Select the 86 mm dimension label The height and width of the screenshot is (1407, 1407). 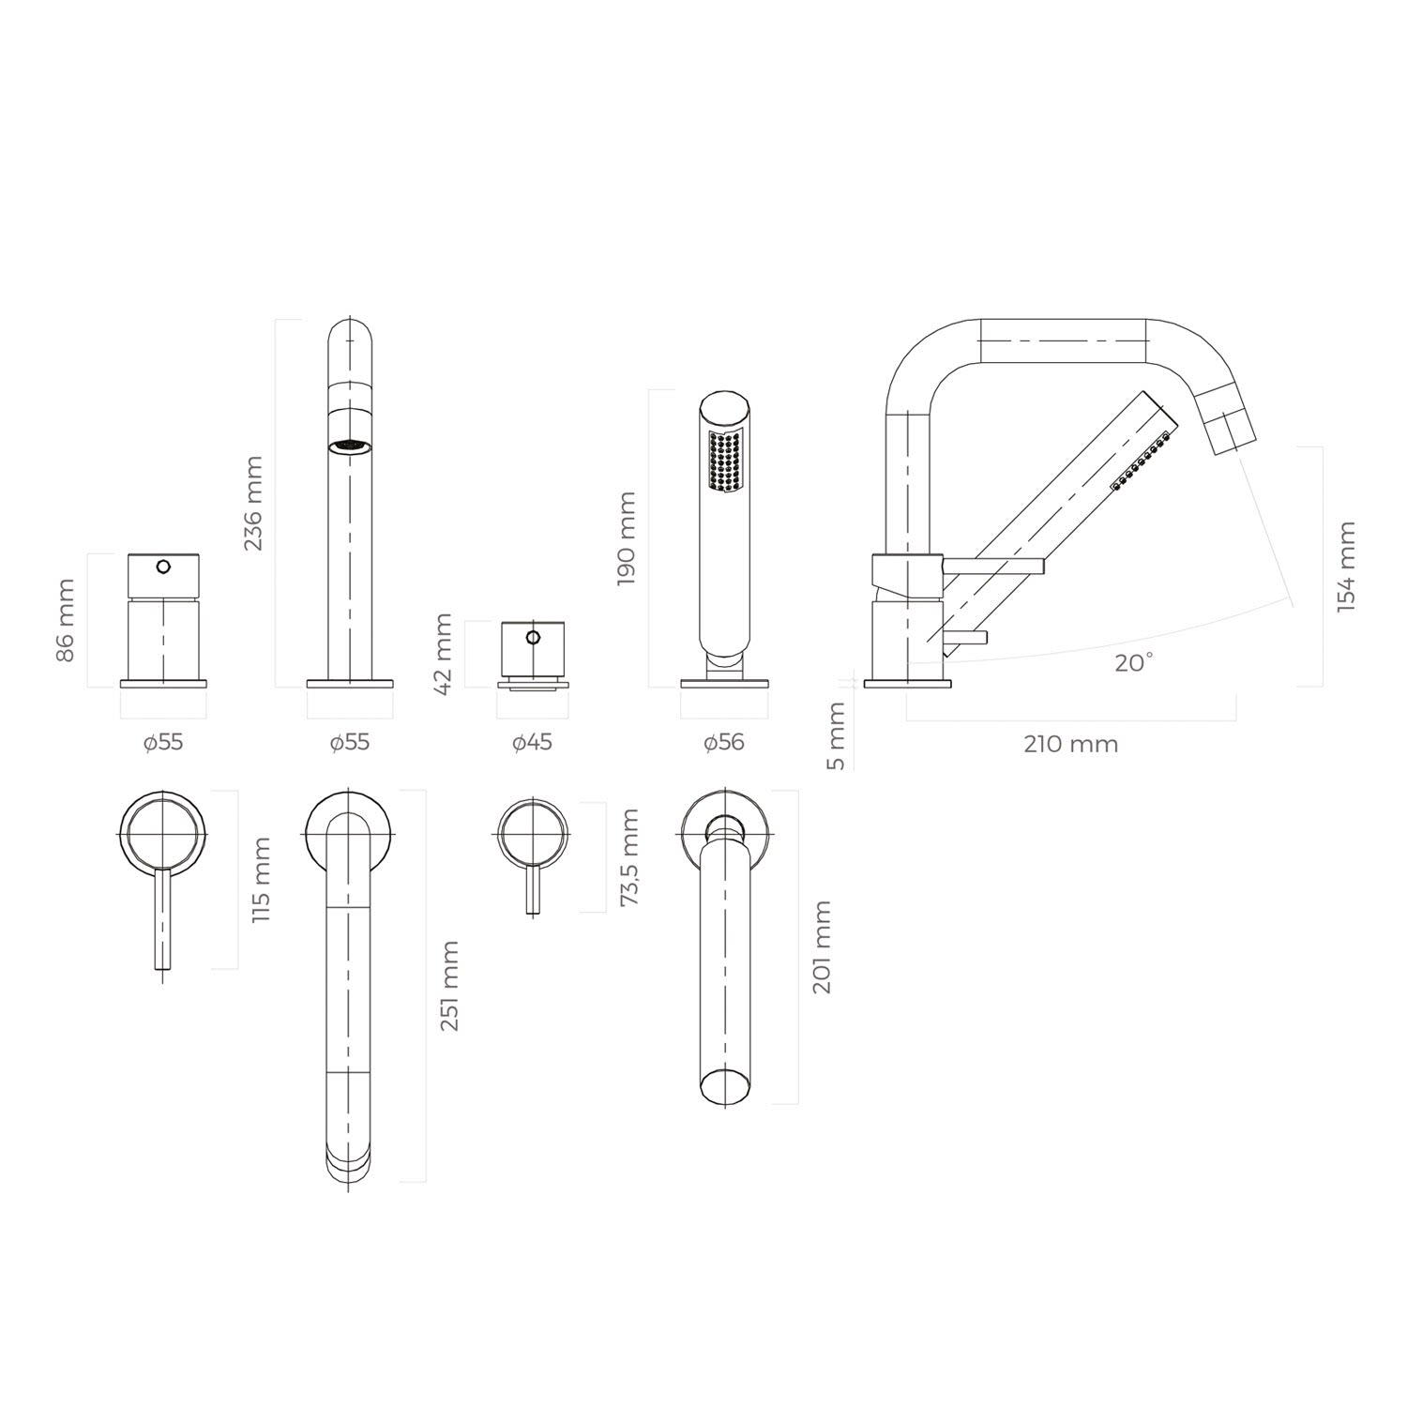click(66, 621)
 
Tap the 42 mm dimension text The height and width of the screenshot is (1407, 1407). click(444, 653)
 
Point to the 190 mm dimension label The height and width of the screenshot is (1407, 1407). click(628, 538)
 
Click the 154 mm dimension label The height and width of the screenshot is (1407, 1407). click(1346, 567)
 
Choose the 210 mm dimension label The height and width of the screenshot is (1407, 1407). click(1070, 745)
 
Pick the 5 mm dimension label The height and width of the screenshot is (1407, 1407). click(837, 736)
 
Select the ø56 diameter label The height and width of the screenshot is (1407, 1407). click(723, 743)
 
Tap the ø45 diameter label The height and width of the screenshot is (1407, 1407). click(532, 743)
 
